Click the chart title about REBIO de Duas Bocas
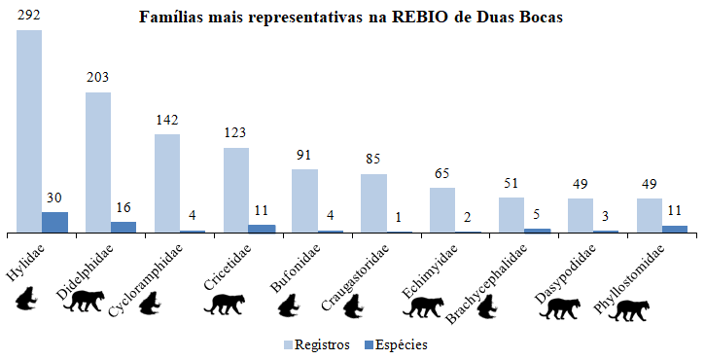click(x=350, y=18)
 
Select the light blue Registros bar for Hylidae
click(x=28, y=131)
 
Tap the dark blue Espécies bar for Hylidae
click(x=55, y=222)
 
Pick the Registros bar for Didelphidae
click(x=98, y=162)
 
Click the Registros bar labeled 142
click(x=167, y=183)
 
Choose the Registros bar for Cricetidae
click(x=236, y=190)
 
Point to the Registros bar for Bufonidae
click(x=305, y=200)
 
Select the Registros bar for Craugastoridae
click(x=373, y=203)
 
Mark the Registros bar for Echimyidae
click(x=442, y=210)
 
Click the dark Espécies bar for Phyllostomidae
click(x=675, y=229)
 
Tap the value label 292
click(x=29, y=17)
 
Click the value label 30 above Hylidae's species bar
click(x=55, y=198)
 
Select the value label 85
click(x=374, y=161)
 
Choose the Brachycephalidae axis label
click(x=486, y=282)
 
